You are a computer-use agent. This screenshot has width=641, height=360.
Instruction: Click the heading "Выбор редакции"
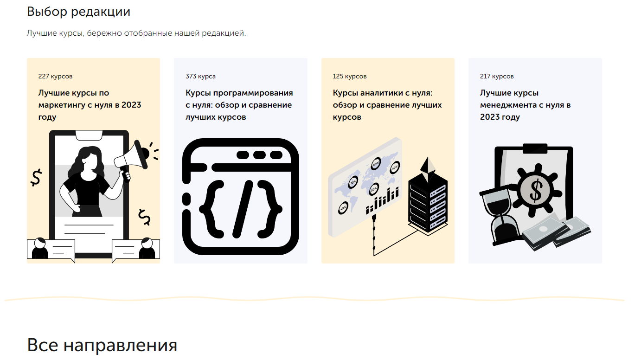pos(78,12)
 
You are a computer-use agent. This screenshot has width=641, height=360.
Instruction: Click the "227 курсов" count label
pos(55,77)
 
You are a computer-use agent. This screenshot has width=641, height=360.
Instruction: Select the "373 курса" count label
pos(200,77)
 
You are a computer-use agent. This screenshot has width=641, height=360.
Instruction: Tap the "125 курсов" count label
pos(349,77)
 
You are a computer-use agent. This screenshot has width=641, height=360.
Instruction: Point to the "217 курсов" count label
pos(497,77)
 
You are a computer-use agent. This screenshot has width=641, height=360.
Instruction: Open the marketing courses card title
pos(90,105)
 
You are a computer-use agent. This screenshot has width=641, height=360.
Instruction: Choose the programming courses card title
pos(239,105)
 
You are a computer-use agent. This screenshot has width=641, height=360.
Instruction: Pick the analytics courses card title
pos(387,105)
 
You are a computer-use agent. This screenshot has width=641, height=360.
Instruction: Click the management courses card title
pos(525,105)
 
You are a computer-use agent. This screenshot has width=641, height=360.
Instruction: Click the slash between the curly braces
pos(243,209)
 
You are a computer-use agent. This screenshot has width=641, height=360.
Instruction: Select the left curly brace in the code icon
pos(212,209)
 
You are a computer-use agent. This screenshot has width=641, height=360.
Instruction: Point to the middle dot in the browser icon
pos(259,155)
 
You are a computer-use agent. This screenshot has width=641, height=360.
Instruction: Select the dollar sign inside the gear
pos(536,190)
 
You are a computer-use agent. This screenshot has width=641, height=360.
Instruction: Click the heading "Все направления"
pos(102,345)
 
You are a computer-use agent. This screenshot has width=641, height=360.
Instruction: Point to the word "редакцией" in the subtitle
pos(224,33)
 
